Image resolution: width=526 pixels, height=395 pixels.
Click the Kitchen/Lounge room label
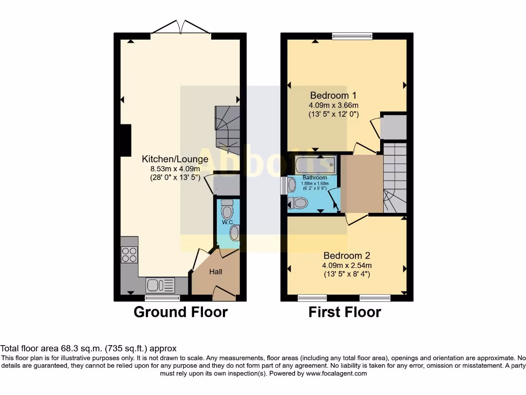pos(175,159)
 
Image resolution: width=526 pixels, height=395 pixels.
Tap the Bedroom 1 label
pos(333,95)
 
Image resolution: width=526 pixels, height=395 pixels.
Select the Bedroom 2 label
pos(347,256)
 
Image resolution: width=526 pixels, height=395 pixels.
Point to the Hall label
pos(215,272)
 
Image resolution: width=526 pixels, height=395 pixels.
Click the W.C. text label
pos(228,222)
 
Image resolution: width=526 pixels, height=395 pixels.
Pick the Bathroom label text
pos(314,178)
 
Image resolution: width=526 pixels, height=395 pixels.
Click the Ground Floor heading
pos(180,312)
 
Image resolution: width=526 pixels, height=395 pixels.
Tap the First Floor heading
pos(345,312)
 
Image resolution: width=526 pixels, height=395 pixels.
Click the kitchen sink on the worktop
pos(160,284)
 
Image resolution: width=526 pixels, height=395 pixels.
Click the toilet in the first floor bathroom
pos(298,204)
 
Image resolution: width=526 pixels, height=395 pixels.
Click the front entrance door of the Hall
pos(224,295)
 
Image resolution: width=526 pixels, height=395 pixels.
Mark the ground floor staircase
pos(227,130)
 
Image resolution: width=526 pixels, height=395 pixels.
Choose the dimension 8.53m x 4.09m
pos(175,169)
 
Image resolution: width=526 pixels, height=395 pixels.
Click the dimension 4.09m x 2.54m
pos(347,265)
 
